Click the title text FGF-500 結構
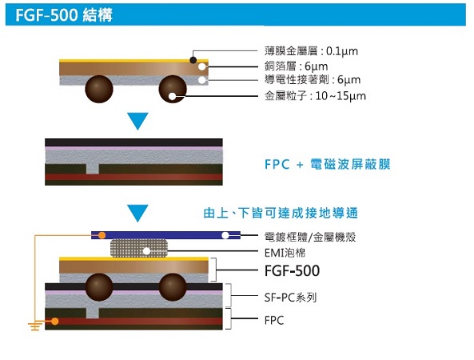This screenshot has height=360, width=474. point(64,14)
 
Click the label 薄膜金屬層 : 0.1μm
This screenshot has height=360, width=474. point(311,51)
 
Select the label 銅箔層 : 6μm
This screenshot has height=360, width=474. point(296,66)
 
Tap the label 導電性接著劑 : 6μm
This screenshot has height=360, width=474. point(313,80)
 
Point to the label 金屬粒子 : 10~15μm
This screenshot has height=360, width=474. point(315,96)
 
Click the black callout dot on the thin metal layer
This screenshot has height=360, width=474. point(193,60)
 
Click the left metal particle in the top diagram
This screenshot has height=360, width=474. point(99,89)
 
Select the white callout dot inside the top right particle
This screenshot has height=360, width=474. point(172,97)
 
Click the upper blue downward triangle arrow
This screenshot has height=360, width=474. point(137,121)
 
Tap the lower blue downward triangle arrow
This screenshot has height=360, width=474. point(137,213)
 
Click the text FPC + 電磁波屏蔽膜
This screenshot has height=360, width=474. point(328,165)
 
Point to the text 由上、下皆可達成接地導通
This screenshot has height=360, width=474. point(281,213)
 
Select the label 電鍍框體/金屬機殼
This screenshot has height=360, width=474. point(310,237)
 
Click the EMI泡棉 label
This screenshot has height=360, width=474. point(285,253)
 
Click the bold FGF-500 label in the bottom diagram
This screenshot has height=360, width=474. point(292,270)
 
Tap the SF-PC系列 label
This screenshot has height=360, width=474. point(290,298)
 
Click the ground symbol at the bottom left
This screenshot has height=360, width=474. point(35,326)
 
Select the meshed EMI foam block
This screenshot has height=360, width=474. point(139,248)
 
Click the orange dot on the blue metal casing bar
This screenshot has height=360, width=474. point(102,235)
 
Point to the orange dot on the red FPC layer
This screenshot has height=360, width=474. point(54,321)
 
